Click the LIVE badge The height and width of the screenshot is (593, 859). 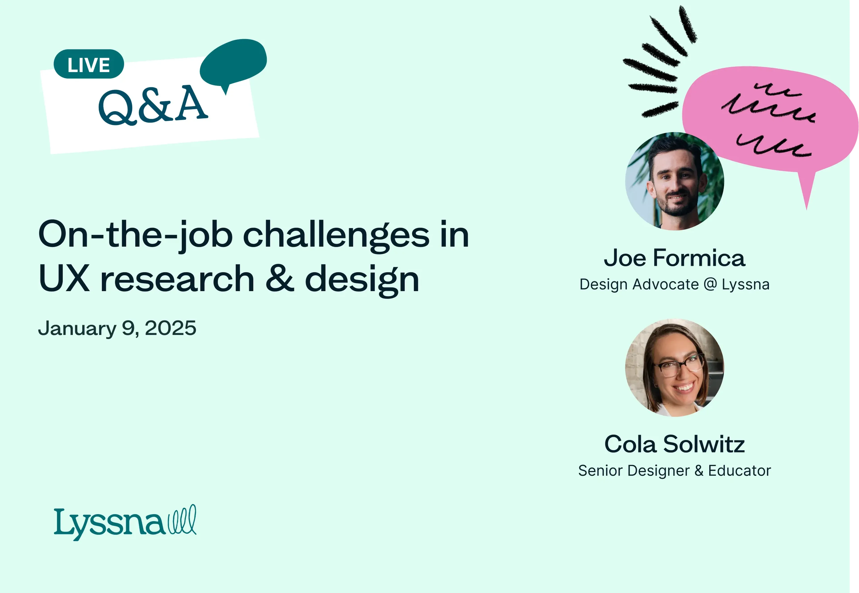(x=89, y=64)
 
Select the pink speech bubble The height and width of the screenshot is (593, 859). (x=770, y=123)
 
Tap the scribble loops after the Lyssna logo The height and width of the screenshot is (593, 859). (x=182, y=520)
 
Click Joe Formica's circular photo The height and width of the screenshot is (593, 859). (x=674, y=181)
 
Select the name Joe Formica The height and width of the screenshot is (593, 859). (x=674, y=258)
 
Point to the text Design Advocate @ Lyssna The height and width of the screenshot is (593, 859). (x=674, y=285)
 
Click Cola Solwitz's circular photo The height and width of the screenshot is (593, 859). (x=674, y=367)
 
